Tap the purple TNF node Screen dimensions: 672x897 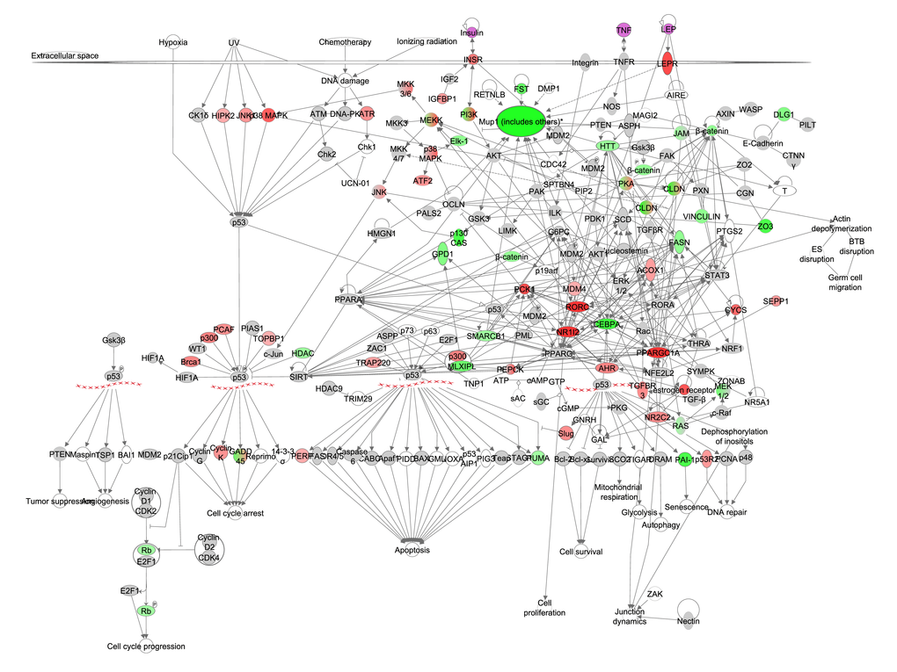[624, 30]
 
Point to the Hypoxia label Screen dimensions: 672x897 [174, 42]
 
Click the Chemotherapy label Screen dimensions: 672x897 [346, 42]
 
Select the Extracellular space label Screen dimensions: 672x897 [65, 56]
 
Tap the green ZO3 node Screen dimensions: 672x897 [765, 226]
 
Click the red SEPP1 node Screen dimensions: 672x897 [775, 301]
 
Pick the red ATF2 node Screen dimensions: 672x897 [423, 181]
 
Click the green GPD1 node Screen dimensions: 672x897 [441, 255]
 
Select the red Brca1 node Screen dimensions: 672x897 [191, 361]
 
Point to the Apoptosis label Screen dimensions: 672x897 [412, 550]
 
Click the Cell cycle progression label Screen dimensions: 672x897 [147, 647]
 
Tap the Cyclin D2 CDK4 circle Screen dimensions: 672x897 [208, 547]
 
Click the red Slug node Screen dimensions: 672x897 [566, 433]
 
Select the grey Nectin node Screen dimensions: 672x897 [689, 621]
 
